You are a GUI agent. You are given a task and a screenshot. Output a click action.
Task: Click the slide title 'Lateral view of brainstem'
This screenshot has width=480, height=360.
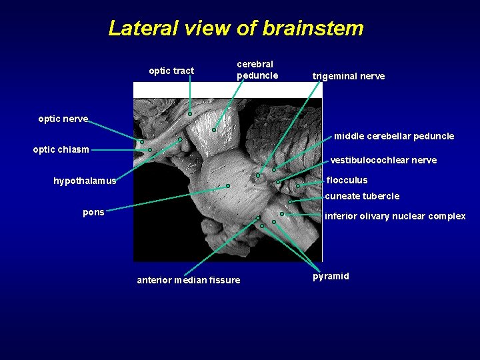[x=236, y=28]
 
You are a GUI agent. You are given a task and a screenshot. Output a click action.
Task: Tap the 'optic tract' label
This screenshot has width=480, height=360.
[x=171, y=71]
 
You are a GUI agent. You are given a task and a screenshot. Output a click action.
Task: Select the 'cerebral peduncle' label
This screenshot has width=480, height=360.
[x=257, y=70]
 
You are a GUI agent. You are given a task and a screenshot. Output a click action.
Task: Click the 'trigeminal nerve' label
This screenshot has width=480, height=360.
[x=349, y=76]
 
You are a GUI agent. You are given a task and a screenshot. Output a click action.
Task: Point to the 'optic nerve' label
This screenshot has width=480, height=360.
[x=63, y=119]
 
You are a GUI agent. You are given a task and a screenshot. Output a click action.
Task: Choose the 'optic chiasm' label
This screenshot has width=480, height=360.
[x=61, y=149]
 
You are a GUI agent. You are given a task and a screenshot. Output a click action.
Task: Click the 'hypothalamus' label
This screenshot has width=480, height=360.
[x=85, y=181]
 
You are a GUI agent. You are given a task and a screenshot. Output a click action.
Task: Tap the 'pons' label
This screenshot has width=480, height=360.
[x=93, y=212]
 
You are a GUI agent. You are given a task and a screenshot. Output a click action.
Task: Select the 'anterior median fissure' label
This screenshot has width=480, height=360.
[x=189, y=280]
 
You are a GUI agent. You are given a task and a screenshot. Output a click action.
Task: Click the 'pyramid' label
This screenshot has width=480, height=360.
[x=331, y=276]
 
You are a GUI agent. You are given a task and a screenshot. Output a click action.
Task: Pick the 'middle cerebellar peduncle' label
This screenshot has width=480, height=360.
[x=394, y=136]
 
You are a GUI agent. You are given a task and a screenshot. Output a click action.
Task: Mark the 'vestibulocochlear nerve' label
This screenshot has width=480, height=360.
[x=384, y=160]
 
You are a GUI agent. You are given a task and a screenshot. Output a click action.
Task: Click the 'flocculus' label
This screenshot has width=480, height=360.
[x=347, y=180]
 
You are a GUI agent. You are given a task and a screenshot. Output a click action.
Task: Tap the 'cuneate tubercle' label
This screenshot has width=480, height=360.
[x=362, y=196]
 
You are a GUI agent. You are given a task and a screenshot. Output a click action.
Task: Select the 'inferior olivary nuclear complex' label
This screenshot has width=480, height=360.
[x=395, y=216]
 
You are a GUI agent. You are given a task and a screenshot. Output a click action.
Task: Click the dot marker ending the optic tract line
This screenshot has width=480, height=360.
[x=190, y=114]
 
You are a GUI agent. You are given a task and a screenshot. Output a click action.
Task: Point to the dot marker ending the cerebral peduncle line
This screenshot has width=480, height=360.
[x=214, y=130]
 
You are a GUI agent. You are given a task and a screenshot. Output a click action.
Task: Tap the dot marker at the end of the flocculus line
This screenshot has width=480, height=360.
[x=298, y=185]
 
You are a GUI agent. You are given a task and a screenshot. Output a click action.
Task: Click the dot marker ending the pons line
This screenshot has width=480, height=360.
[x=228, y=185]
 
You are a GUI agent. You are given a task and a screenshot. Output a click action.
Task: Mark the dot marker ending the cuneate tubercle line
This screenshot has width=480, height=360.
[x=289, y=201]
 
